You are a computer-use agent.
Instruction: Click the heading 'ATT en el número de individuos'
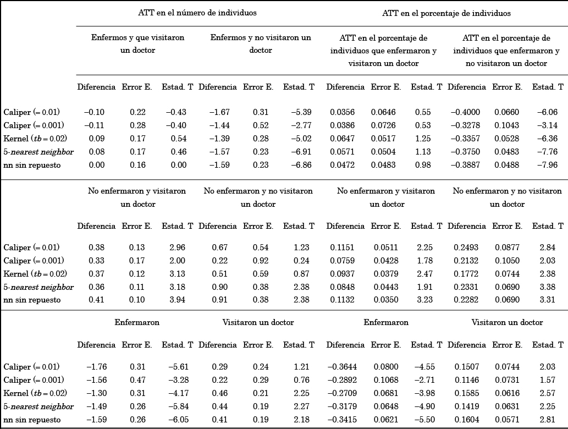tap(197, 13)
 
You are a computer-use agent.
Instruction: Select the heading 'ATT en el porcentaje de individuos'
tap(446, 13)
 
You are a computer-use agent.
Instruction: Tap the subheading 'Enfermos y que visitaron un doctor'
tap(137, 44)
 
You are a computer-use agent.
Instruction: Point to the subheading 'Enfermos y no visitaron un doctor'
tap(261, 44)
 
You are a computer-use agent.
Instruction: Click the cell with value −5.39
tap(300, 112)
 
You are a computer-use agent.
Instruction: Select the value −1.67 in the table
tap(219, 112)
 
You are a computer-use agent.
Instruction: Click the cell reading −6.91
tap(300, 152)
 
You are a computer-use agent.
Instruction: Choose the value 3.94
tap(177, 300)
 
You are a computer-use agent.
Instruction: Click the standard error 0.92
tap(261, 261)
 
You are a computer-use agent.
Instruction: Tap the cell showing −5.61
tap(177, 367)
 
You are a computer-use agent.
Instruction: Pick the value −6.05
tap(177, 420)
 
